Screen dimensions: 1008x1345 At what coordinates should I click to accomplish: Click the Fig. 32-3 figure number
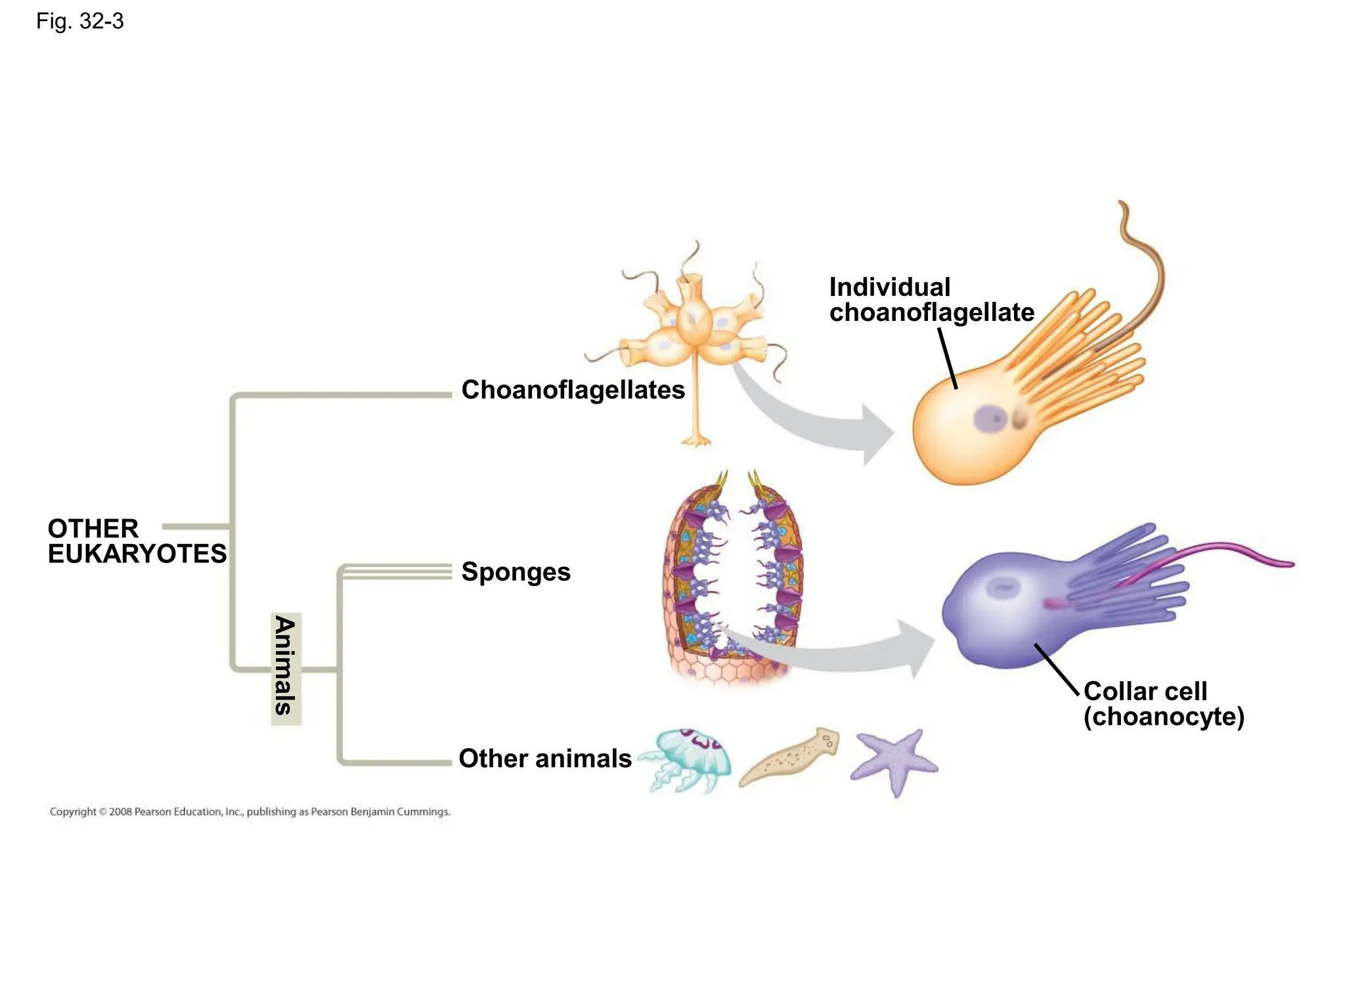(x=79, y=22)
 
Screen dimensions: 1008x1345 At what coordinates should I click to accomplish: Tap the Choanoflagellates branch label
(x=573, y=390)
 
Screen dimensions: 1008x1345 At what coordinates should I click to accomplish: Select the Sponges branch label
(x=516, y=572)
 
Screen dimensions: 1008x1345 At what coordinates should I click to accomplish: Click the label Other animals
(x=544, y=759)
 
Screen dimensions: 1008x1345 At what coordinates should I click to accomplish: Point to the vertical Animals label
(x=286, y=665)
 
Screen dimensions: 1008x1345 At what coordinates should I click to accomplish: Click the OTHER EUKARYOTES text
(x=137, y=541)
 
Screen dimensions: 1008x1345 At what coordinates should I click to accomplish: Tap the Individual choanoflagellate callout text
(x=931, y=300)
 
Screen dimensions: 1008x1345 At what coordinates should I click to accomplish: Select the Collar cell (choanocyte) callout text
(x=1163, y=704)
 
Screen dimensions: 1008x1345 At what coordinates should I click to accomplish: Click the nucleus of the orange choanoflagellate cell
(x=990, y=418)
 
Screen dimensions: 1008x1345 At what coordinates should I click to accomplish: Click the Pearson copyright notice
(x=250, y=812)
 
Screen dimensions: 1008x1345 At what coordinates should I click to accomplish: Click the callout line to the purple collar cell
(x=1057, y=669)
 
